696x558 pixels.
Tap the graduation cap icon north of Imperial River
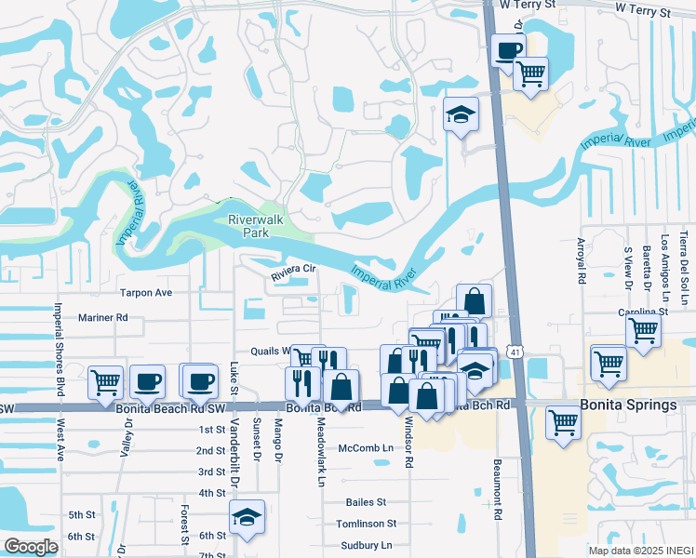pyautogui.click(x=461, y=114)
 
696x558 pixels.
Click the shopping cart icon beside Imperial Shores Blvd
pyautogui.click(x=106, y=380)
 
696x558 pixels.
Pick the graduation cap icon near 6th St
pyautogui.click(x=248, y=517)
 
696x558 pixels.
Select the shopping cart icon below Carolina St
pyautogui.click(x=644, y=329)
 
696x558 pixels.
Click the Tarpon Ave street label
pyautogui.click(x=147, y=292)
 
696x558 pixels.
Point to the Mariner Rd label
pyautogui.click(x=103, y=317)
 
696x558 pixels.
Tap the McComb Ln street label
pyautogui.click(x=366, y=448)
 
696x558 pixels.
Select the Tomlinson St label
pyautogui.click(x=367, y=524)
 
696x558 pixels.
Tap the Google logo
pyautogui.click(x=31, y=547)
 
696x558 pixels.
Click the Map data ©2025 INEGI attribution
pyautogui.click(x=641, y=550)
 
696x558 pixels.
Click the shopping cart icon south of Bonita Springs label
pyautogui.click(x=564, y=420)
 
